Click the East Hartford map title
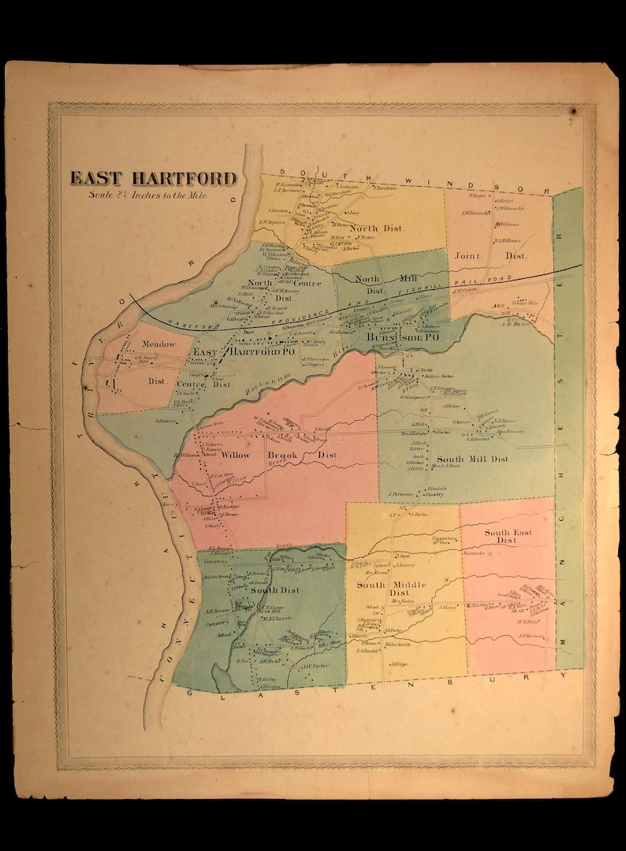(154, 179)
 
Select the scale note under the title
(147, 195)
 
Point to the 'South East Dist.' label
(508, 537)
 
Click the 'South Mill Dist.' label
(473, 459)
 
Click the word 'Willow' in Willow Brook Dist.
(236, 455)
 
